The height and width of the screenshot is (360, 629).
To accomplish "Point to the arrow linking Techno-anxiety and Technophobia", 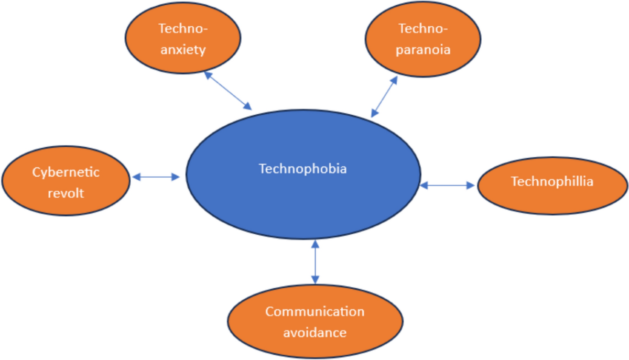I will point(228,90).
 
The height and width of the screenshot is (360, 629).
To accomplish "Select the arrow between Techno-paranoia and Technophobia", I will point(384,96).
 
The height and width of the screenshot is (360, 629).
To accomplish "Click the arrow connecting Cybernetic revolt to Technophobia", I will point(156,177).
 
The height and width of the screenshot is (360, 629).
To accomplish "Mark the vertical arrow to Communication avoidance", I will point(314,261).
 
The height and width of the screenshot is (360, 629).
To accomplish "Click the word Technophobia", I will point(303,169).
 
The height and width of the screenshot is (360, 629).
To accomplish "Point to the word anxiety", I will point(183,50).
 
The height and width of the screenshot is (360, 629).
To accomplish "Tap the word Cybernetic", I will point(66,172).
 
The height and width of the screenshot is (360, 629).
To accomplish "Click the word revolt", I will point(66,193).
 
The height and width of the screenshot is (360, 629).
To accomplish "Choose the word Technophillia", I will point(552,182).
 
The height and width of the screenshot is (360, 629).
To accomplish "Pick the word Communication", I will point(314,312).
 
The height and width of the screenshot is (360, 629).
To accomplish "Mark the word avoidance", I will point(314,332).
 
